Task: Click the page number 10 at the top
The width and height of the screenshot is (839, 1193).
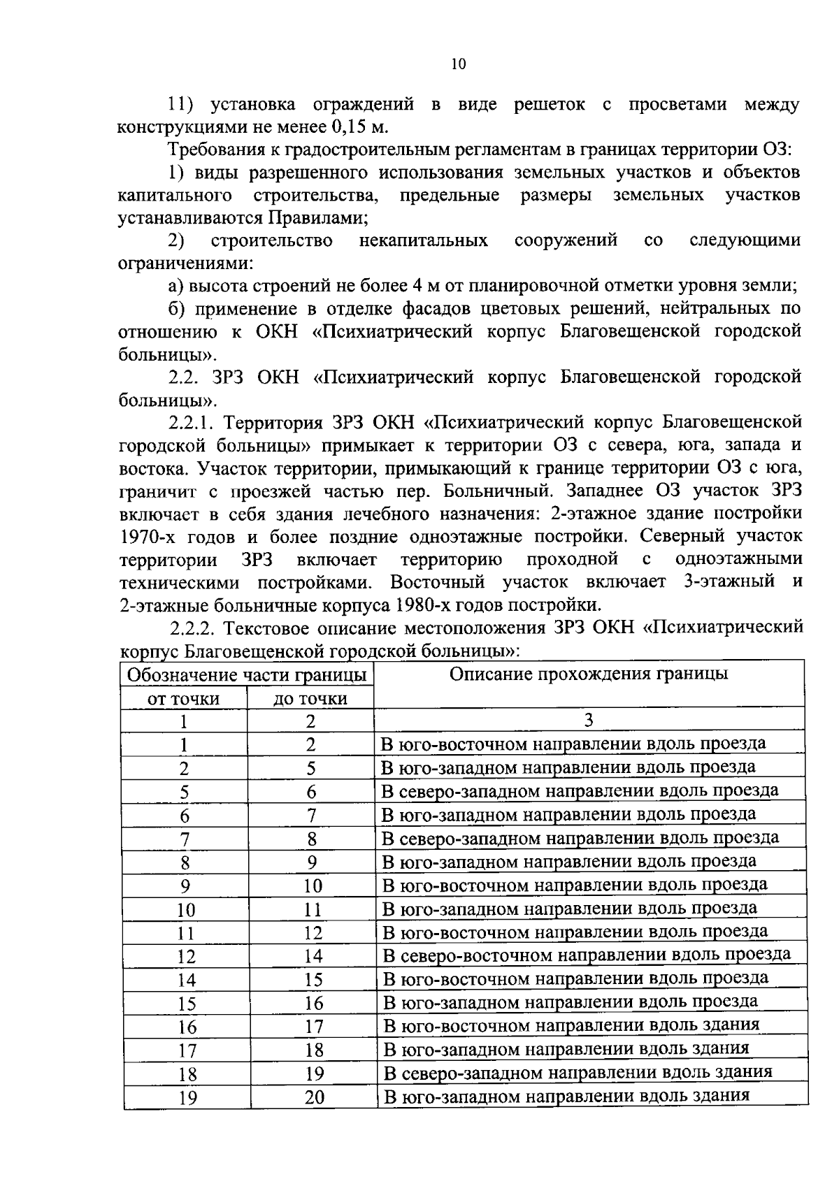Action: (x=458, y=64)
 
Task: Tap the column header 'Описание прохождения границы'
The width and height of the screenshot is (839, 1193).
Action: (x=588, y=674)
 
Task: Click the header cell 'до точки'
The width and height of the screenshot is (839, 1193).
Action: (x=310, y=699)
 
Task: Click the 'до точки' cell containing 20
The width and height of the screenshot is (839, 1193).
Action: (x=314, y=1097)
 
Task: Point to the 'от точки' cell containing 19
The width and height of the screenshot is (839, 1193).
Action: (x=186, y=1098)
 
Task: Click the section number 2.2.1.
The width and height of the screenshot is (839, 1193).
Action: (x=191, y=423)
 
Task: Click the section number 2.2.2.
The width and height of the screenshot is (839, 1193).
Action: (x=191, y=627)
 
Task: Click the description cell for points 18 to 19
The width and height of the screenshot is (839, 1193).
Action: (x=578, y=1072)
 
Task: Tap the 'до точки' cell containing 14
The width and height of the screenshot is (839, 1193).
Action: (x=314, y=956)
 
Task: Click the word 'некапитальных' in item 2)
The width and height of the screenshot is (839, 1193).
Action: (x=423, y=241)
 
